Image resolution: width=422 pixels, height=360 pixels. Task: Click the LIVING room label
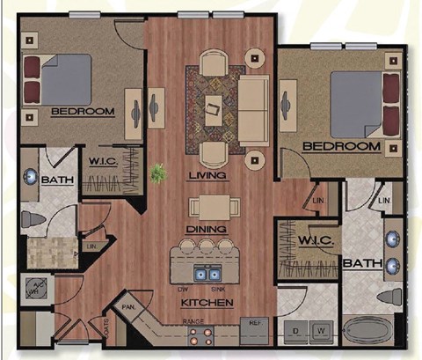[x=207, y=176]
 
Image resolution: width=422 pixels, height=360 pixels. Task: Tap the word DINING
[x=207, y=230]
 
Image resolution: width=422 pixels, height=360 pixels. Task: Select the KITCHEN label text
[x=207, y=303]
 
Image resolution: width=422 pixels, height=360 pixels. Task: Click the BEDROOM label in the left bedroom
[x=83, y=112]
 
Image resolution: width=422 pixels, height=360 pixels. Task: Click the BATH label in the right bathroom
[x=361, y=262]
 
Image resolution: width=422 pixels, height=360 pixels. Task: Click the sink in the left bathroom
[x=29, y=177]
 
